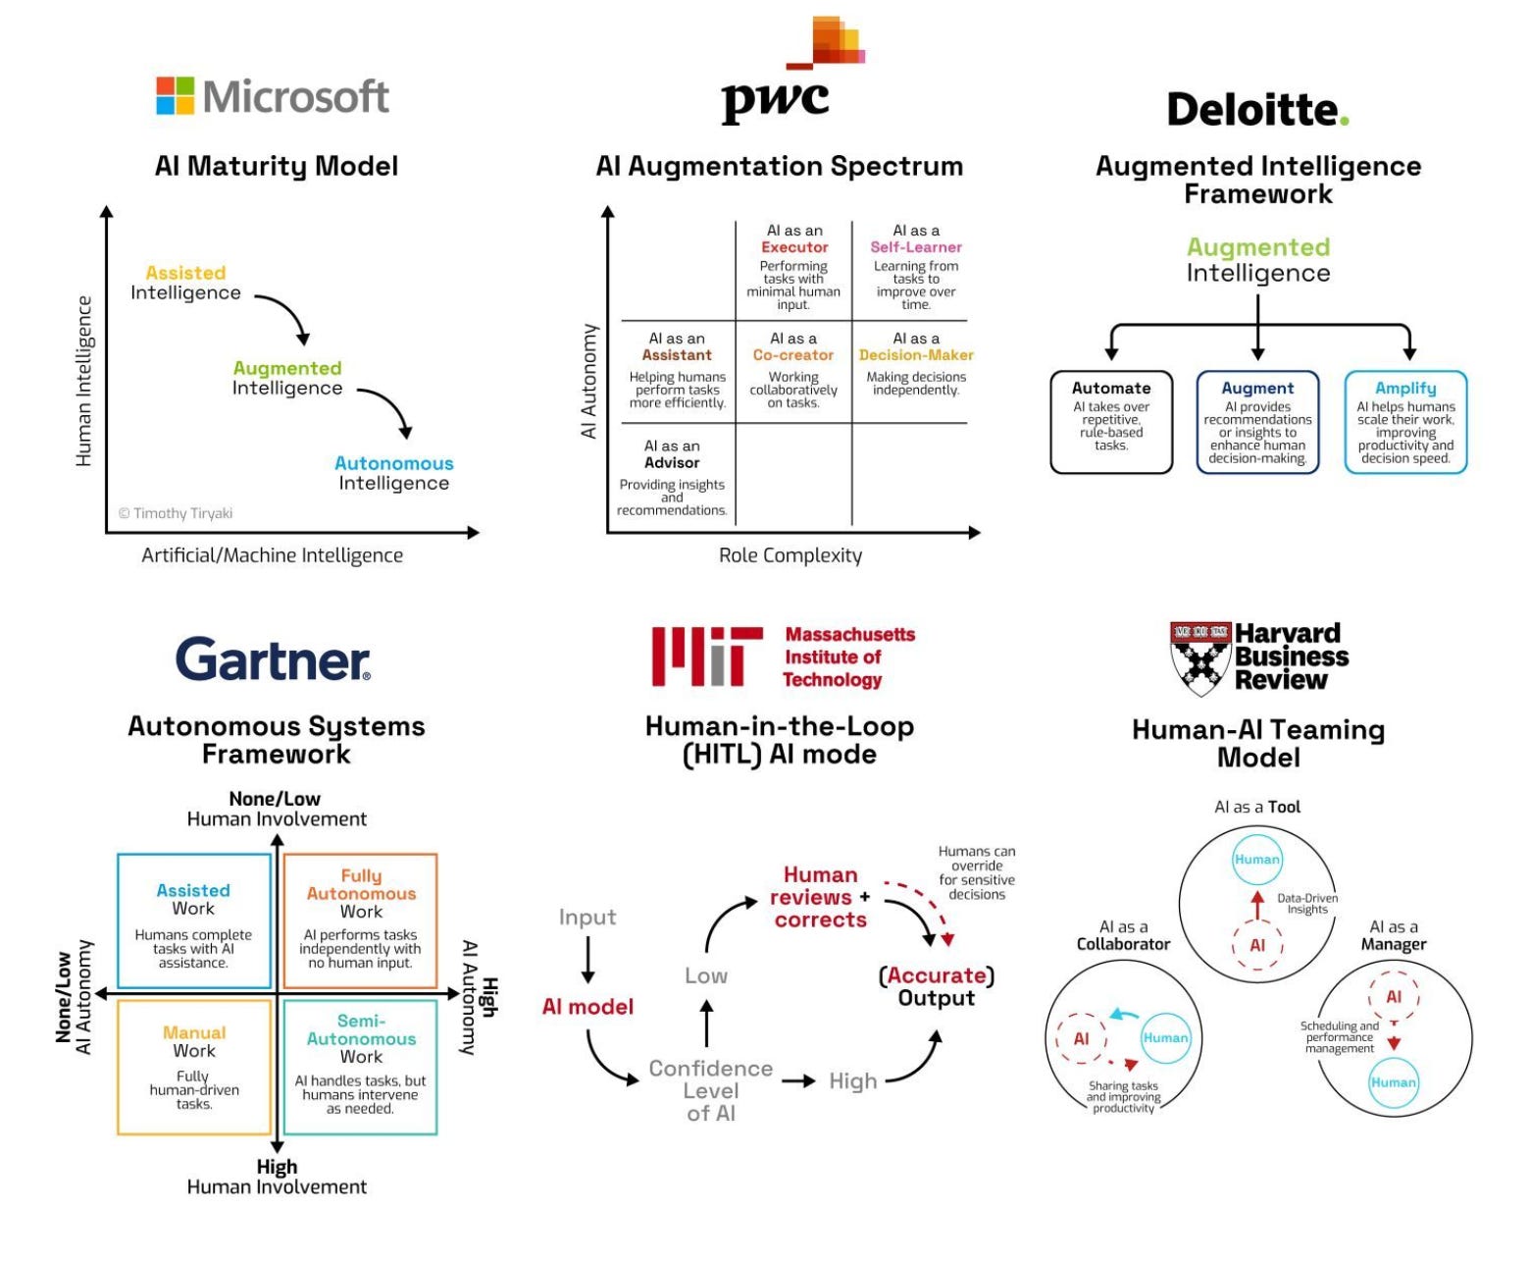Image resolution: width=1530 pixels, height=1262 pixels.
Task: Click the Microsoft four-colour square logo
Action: coord(176,96)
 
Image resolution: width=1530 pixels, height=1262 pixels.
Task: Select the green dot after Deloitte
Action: coord(1344,121)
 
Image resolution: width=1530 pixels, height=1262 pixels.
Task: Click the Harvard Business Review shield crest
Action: coord(1200,657)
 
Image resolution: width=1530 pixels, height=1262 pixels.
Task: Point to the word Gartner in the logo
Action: coord(273,659)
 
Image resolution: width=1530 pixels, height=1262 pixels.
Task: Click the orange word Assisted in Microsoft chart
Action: coord(185,273)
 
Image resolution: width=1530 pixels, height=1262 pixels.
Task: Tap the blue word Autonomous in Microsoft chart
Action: coord(393,463)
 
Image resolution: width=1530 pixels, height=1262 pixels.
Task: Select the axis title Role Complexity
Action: coord(790,555)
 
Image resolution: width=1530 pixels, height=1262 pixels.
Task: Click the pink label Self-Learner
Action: coord(916,247)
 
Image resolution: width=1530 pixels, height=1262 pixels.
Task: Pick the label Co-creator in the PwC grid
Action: coord(793,355)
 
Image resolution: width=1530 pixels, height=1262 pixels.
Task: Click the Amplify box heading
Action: coord(1404,389)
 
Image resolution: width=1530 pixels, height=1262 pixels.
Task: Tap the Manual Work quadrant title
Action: coord(194,1041)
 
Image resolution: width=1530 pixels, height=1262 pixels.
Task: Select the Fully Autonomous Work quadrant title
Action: coord(361,893)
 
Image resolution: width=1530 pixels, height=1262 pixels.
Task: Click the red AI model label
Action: coord(587,1007)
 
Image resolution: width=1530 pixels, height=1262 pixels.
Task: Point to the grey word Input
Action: coord(587,917)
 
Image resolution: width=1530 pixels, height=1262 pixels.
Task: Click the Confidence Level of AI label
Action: coord(711,1090)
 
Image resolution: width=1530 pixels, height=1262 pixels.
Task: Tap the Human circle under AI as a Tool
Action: coord(1256,860)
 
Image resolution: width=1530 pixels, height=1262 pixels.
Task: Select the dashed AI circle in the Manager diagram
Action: coord(1393,997)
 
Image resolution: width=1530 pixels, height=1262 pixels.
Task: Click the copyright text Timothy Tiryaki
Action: coord(176,513)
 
